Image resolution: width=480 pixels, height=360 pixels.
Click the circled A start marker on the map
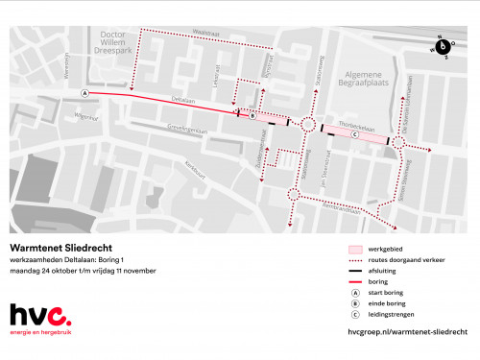coord(85,93)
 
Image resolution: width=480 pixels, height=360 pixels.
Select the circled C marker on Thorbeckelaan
coord(354,135)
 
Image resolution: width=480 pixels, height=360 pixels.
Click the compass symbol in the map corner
coord(443,44)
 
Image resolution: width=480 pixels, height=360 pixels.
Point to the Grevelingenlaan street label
coord(186,128)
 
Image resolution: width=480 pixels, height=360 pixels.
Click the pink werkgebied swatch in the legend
coord(355,249)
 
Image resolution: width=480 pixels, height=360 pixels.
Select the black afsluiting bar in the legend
coord(355,270)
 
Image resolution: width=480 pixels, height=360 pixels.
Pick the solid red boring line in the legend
coord(355,280)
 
